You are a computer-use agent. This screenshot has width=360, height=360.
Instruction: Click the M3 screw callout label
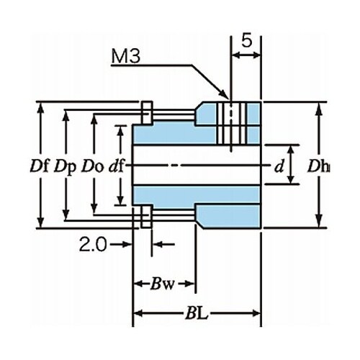tap(125, 57)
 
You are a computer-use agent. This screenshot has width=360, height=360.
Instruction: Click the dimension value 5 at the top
tap(247, 40)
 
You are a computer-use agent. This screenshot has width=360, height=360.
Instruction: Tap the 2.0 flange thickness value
tap(93, 245)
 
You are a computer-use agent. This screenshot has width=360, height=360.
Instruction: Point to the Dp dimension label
tap(65, 166)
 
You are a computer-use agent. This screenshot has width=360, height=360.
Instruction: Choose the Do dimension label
tap(92, 166)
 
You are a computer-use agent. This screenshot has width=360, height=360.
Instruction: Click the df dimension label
tap(116, 166)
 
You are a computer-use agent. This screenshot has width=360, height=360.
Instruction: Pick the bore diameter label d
tap(279, 166)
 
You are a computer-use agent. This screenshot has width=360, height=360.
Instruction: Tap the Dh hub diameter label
tap(318, 166)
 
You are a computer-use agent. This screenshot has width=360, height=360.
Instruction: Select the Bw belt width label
tap(162, 284)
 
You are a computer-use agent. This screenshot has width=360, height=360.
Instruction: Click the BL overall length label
tap(197, 313)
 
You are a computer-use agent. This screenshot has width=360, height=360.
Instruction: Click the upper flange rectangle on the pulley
tap(147, 113)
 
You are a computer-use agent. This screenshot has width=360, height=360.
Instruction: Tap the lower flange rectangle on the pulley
tap(147, 217)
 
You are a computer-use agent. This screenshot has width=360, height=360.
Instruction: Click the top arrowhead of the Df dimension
tap(41, 109)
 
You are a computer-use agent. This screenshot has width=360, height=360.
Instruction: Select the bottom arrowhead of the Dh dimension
tap(319, 221)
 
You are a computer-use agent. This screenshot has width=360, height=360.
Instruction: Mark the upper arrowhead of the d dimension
tap(291, 150)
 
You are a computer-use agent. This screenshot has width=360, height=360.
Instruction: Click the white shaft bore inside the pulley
tap(197, 166)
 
